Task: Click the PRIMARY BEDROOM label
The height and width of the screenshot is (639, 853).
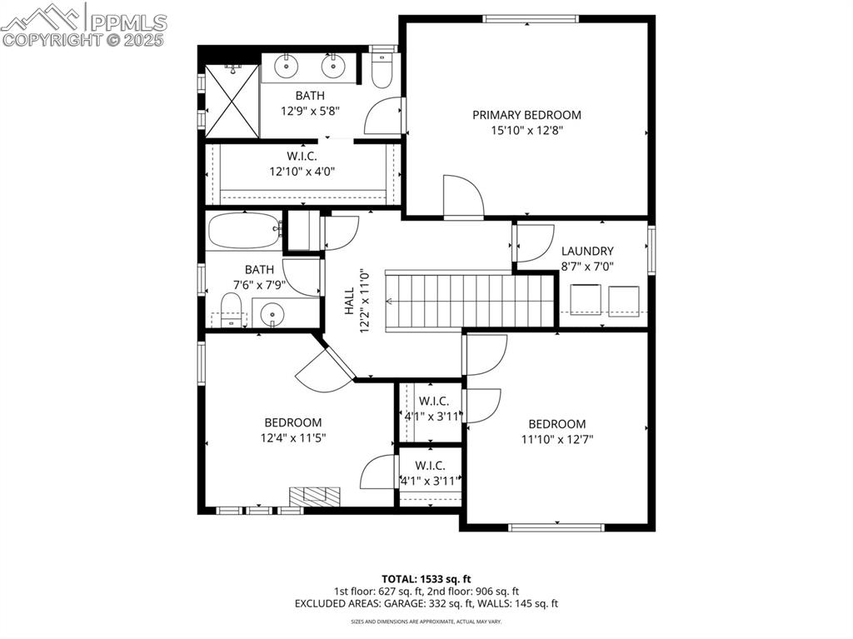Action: pyautogui.click(x=526, y=115)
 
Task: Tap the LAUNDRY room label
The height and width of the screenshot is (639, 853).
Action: pyautogui.click(x=587, y=251)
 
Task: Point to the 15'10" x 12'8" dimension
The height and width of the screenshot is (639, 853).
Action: pyautogui.click(x=526, y=130)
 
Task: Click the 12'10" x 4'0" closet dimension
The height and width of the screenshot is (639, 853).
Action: pyautogui.click(x=301, y=171)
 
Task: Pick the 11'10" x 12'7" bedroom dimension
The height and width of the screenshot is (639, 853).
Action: pyautogui.click(x=556, y=439)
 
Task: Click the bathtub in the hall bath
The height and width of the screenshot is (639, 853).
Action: pyautogui.click(x=244, y=231)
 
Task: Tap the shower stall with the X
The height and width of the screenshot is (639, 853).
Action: pyautogui.click(x=232, y=101)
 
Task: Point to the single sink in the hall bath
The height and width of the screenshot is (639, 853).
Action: pyautogui.click(x=272, y=314)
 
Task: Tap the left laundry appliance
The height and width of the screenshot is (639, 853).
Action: pyautogui.click(x=585, y=301)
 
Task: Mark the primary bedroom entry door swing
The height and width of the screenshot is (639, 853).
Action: pyautogui.click(x=462, y=197)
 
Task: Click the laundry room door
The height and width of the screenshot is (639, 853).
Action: pyautogui.click(x=533, y=243)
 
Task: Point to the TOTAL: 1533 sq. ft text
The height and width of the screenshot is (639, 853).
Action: pyautogui.click(x=426, y=578)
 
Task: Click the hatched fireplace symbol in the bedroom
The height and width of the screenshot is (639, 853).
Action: pyautogui.click(x=315, y=496)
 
